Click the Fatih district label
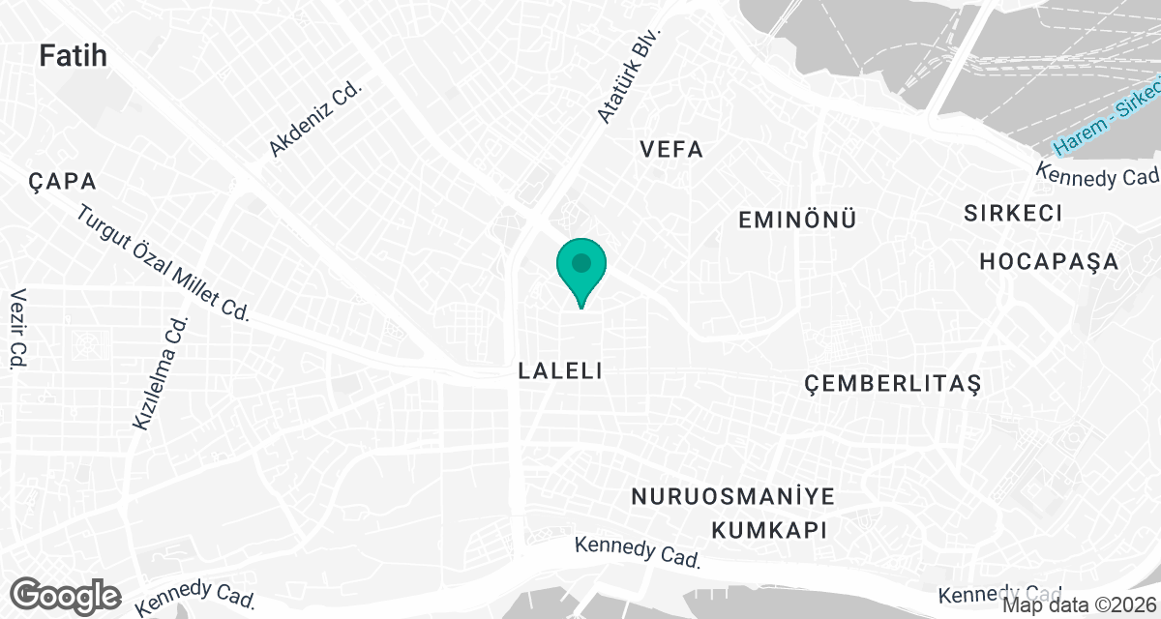(x=73, y=56)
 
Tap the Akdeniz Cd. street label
(x=314, y=119)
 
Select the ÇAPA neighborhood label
(x=62, y=182)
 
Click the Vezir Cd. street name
(x=17, y=329)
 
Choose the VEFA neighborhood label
(x=671, y=150)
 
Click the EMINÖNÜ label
(x=797, y=220)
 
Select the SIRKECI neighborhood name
(x=1013, y=213)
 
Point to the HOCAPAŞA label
(x=1049, y=261)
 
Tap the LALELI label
(x=561, y=370)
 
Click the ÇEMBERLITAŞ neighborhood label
(x=893, y=384)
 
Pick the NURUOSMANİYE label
(x=732, y=497)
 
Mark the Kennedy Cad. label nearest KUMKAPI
(x=637, y=552)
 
